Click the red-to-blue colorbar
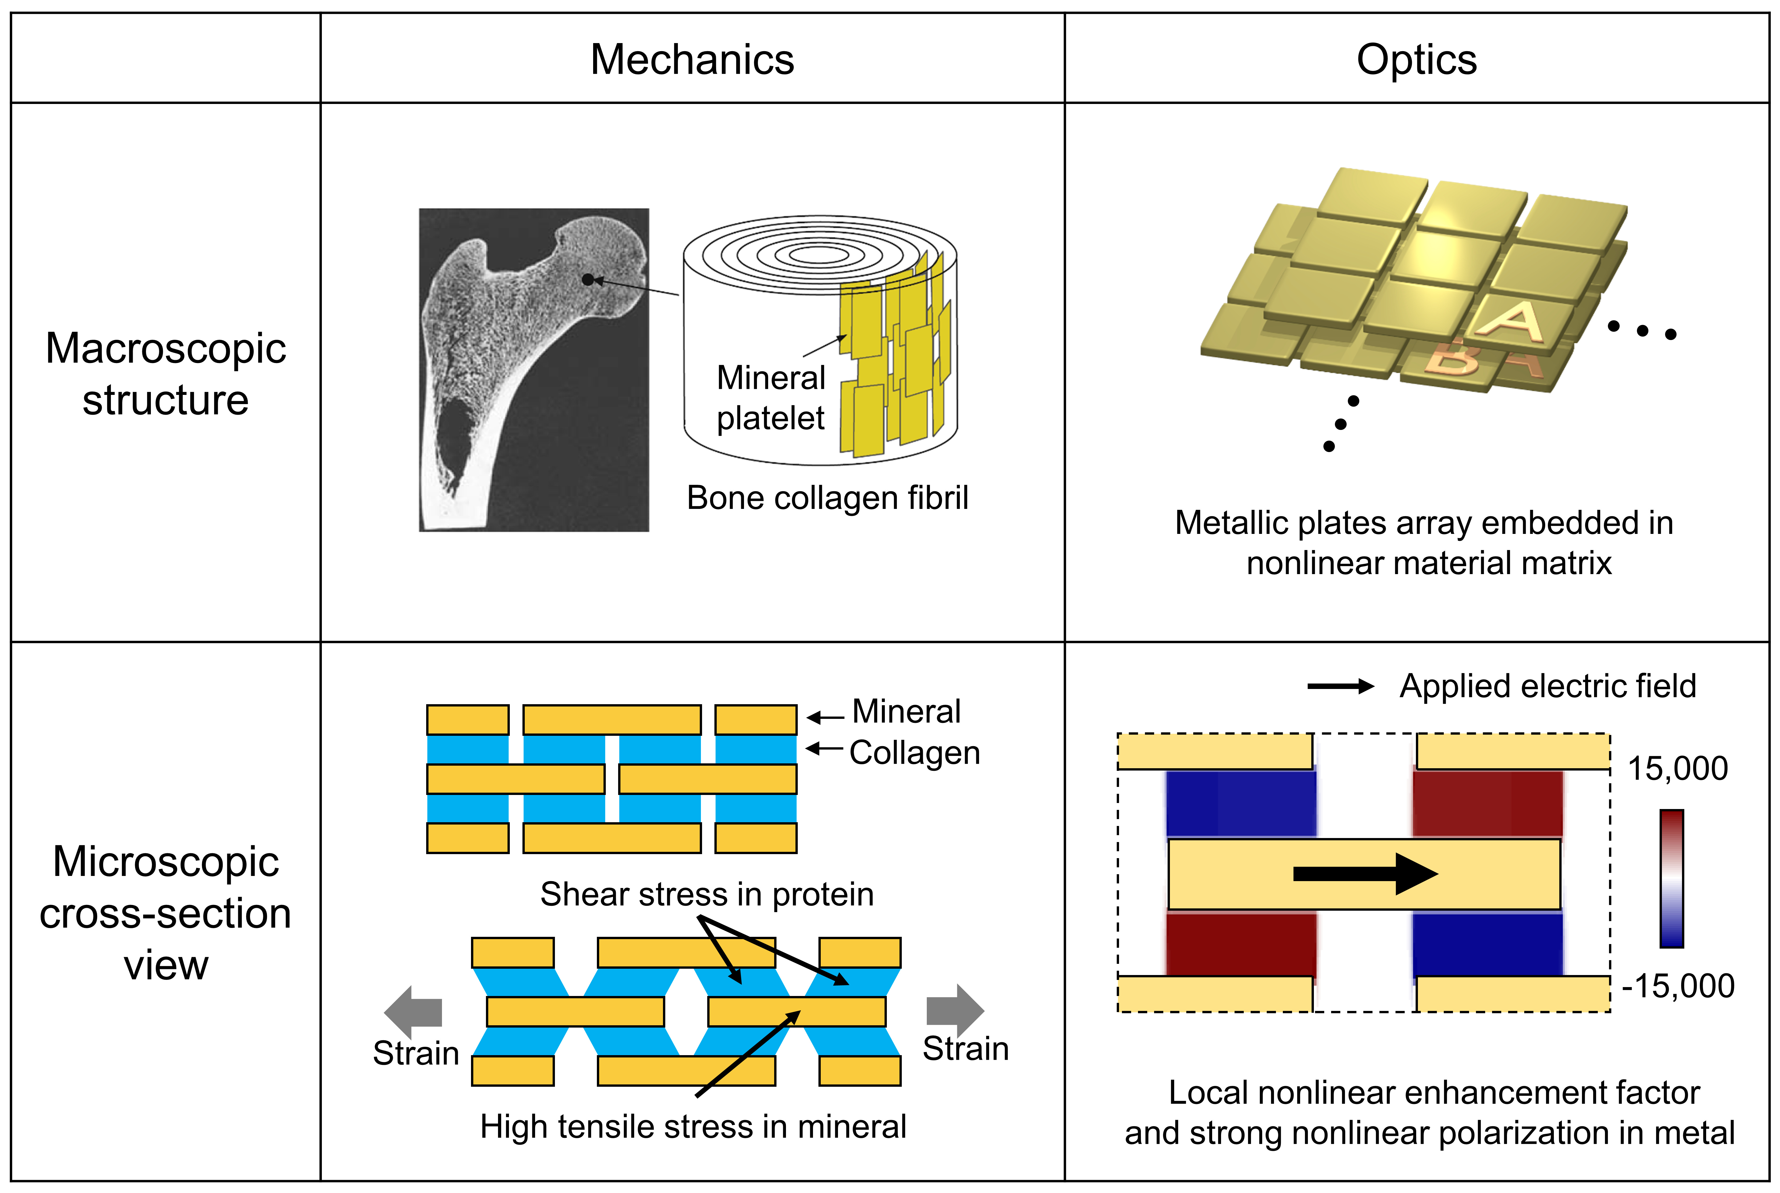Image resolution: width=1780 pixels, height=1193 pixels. (x=1671, y=879)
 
